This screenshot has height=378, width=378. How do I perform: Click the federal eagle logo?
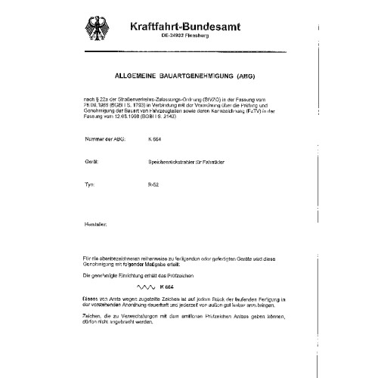101,29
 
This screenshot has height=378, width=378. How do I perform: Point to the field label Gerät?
91,181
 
